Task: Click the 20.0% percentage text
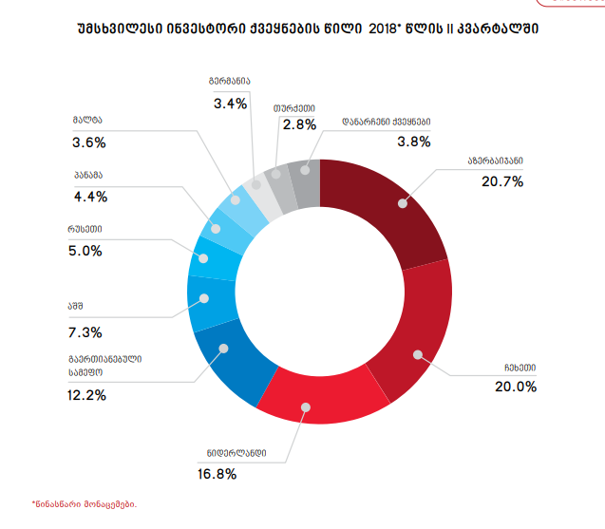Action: tap(516, 387)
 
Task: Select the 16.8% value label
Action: tap(217, 473)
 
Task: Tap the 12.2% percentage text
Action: tap(87, 395)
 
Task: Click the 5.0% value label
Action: tap(87, 251)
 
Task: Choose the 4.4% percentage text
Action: tap(89, 197)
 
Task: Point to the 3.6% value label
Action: tap(87, 142)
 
